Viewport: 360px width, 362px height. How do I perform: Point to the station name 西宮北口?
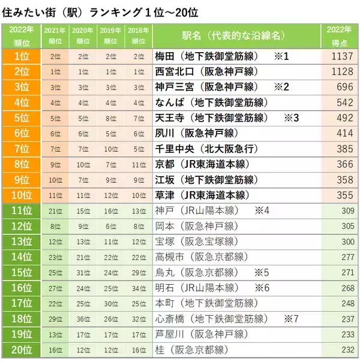pos(174,71)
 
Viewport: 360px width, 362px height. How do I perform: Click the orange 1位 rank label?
pos(22,56)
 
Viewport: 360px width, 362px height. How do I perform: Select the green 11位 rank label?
pos(22,210)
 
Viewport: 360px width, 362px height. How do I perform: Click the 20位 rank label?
pos(22,349)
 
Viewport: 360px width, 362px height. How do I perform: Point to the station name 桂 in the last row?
pos(160,349)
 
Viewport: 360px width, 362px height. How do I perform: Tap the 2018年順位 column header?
pos(139,35)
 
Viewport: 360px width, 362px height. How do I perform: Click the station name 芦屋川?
pos(169,333)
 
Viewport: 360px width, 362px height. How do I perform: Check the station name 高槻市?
pos(169,257)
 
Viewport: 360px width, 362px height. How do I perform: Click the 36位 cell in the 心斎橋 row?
pos(83,318)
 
